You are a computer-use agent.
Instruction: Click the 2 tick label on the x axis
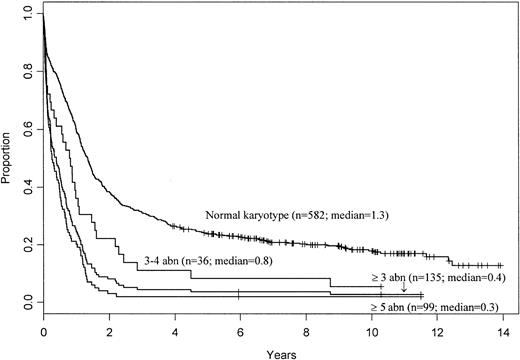tap(109, 328)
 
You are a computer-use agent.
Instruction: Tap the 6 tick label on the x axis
tap(239, 328)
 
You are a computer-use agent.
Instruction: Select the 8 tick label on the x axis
tap(305, 328)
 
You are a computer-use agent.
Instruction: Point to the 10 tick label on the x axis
tap(370, 328)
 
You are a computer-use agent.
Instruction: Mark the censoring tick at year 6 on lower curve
tap(239, 294)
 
